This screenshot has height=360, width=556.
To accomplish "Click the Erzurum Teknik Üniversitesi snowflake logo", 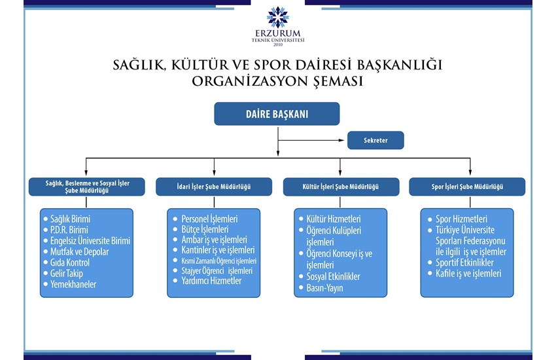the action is point(278,17).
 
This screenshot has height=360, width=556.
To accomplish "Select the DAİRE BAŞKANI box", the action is point(277,114).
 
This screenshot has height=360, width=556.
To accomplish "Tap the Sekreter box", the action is point(375,140).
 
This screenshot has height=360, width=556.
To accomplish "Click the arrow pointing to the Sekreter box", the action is point(311,140).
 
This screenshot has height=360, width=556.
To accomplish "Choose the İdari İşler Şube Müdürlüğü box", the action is point(214,187).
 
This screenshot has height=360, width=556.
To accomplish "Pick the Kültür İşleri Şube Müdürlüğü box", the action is point(341,187).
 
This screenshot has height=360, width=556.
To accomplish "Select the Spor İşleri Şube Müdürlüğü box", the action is point(467,187).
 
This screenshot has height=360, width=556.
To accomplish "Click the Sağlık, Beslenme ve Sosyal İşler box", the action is point(87,187).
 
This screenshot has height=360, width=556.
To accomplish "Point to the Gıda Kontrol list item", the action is point(70,262).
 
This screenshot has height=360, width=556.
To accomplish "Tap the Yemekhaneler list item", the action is point(73,284).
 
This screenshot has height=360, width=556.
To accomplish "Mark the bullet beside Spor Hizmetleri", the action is point(430,219).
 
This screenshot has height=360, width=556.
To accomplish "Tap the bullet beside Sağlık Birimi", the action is point(45,219).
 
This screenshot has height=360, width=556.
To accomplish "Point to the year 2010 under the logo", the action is point(278,45).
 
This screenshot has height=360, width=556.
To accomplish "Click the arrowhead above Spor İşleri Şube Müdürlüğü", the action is point(470,172).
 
